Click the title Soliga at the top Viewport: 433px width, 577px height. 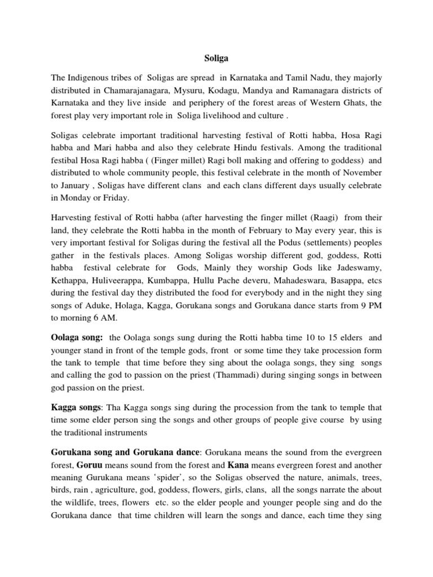pos(216,57)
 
